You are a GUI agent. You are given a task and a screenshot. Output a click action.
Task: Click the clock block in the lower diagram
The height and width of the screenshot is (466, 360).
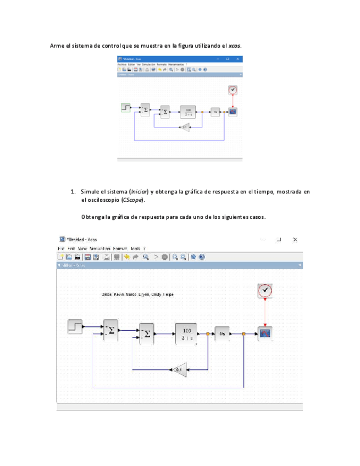point(265,291)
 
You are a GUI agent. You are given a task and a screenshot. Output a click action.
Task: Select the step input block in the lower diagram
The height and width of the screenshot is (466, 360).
point(75,326)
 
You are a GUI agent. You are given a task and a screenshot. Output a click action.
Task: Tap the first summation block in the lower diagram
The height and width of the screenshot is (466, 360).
point(111,330)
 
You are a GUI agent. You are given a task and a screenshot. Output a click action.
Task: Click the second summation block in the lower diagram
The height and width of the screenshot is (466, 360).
point(147,334)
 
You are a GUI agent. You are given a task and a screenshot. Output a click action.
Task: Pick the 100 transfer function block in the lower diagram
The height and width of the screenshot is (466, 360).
point(186,333)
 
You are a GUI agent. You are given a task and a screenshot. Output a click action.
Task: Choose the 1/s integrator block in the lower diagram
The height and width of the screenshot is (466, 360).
point(223,333)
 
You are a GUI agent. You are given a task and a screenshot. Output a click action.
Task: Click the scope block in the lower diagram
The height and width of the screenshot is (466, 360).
point(265,333)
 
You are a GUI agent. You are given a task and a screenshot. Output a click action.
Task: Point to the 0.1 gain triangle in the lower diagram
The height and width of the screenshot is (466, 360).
point(179,370)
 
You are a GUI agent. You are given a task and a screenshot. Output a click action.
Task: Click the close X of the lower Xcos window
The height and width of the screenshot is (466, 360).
point(295,240)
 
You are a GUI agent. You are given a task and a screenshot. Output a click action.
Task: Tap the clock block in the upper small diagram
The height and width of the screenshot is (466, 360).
point(233,90)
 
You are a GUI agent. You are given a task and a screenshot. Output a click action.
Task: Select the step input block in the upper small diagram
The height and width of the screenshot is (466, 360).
point(126,108)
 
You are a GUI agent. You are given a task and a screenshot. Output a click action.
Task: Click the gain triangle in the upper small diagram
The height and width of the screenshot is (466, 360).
point(185,127)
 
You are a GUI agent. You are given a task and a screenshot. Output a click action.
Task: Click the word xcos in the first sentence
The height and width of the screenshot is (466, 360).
point(234,45)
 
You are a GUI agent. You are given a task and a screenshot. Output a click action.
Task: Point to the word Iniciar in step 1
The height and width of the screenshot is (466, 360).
point(139,192)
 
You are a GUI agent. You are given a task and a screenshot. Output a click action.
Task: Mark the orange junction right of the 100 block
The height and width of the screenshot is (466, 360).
point(208,333)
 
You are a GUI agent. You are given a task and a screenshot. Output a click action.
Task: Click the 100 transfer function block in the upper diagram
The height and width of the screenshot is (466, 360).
point(188,112)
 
